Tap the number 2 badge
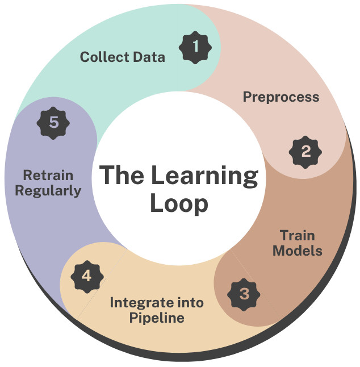(x=305, y=151)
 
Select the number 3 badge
(x=244, y=294)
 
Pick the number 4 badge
(x=86, y=276)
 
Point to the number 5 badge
(x=53, y=122)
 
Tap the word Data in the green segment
(x=147, y=57)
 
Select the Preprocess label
(x=281, y=97)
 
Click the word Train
(x=298, y=235)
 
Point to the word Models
(x=298, y=251)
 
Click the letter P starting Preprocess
(x=248, y=97)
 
